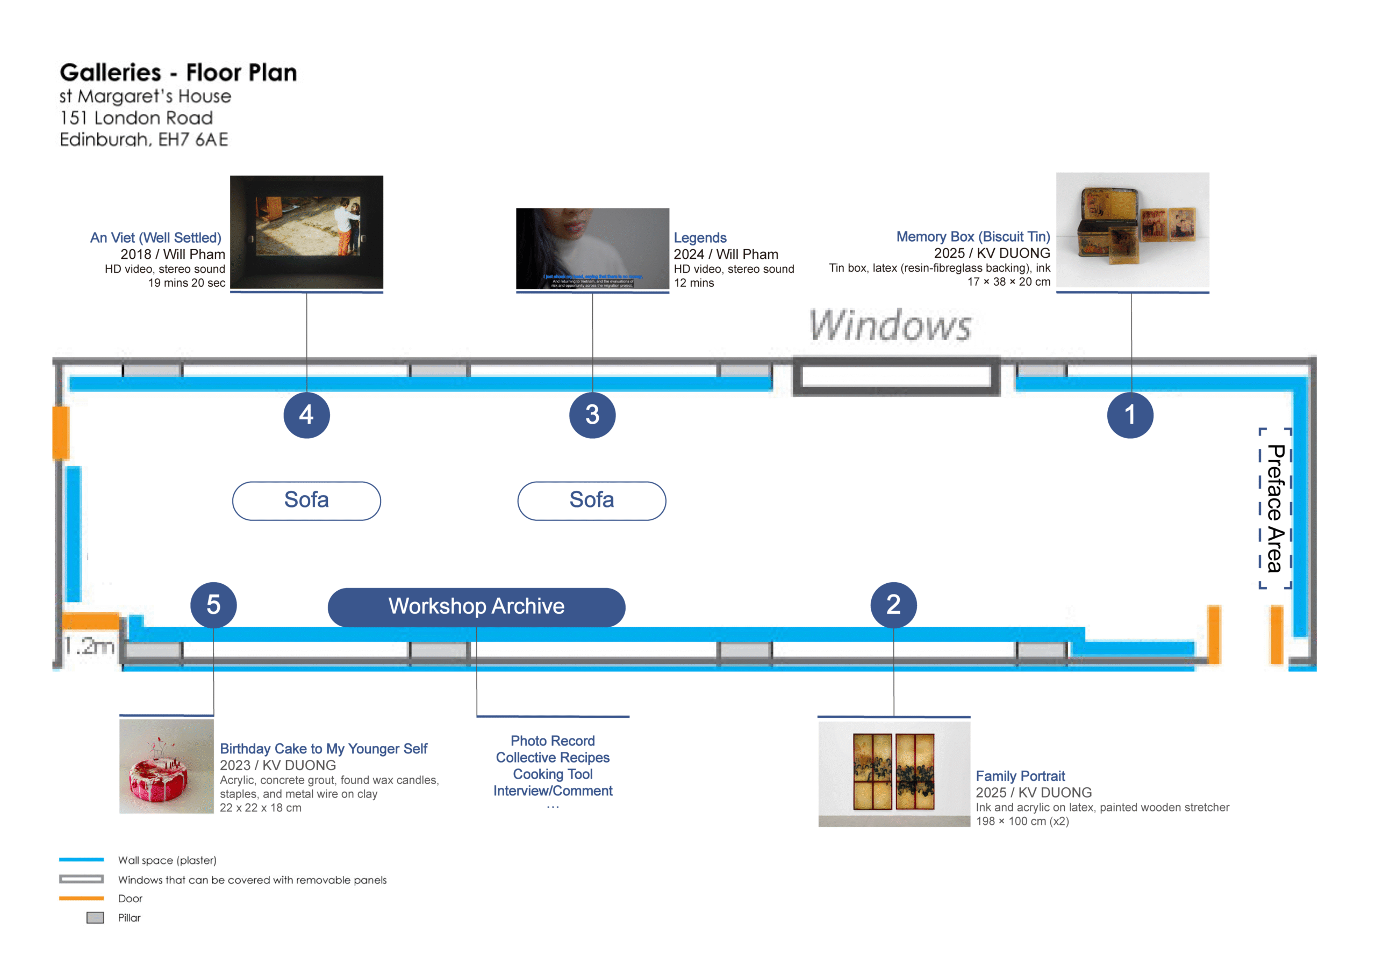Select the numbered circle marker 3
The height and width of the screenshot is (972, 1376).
pos(592,415)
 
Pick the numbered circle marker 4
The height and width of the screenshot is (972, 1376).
pos(306,415)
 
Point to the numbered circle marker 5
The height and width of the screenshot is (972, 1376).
pos(213,605)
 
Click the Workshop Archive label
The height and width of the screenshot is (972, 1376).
pos(476,607)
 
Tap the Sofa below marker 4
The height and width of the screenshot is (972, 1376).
pos(306,500)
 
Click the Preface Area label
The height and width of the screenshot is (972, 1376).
pos(1275,509)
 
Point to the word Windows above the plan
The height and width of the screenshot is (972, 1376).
pos(890,326)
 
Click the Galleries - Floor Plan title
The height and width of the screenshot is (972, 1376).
pos(178,73)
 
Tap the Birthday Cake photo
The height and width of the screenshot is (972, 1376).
pos(167,766)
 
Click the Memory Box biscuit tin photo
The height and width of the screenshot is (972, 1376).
pos(1132,231)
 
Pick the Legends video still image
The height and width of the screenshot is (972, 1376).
pos(592,249)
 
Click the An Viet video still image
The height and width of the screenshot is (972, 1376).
pos(306,232)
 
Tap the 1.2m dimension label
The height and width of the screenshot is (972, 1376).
pos(89,646)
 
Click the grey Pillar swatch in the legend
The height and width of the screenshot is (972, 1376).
pos(95,918)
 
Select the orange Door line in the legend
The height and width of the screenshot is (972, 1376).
pos(82,898)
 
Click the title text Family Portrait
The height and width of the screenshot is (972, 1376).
pos(1020,776)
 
